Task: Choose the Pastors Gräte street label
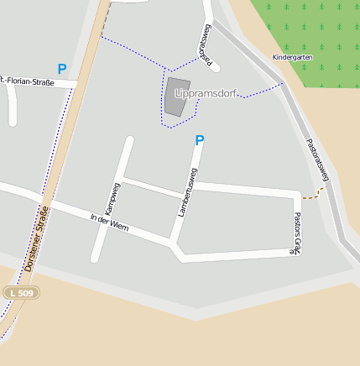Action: [296, 233]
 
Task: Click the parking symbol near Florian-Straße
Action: [61, 69]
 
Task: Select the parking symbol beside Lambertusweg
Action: [200, 140]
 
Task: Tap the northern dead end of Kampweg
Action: [129, 139]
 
